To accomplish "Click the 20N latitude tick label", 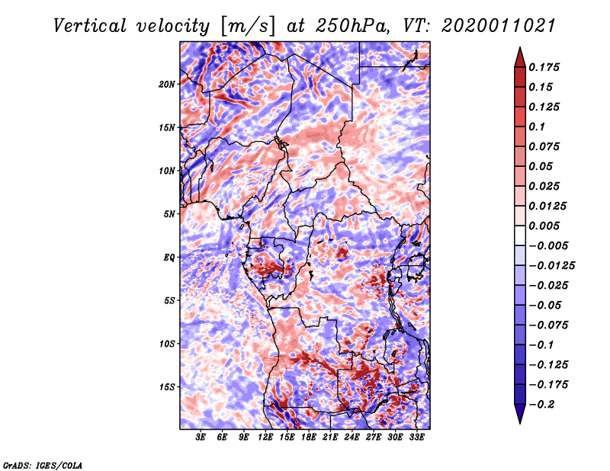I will click(x=167, y=84).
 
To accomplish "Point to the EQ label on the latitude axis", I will click(x=169, y=258).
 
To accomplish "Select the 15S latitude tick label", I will click(x=167, y=387).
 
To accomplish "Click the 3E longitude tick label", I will click(x=201, y=437).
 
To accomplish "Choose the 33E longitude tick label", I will click(x=416, y=437).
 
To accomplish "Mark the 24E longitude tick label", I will click(x=352, y=437).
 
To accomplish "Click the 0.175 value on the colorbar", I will click(x=547, y=67).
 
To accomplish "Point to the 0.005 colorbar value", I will click(x=547, y=226).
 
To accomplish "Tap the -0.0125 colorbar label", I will click(x=553, y=265).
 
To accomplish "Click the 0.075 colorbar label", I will click(x=547, y=146).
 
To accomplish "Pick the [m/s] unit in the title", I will click(x=246, y=27).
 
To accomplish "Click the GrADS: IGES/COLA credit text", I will click(x=43, y=464).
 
